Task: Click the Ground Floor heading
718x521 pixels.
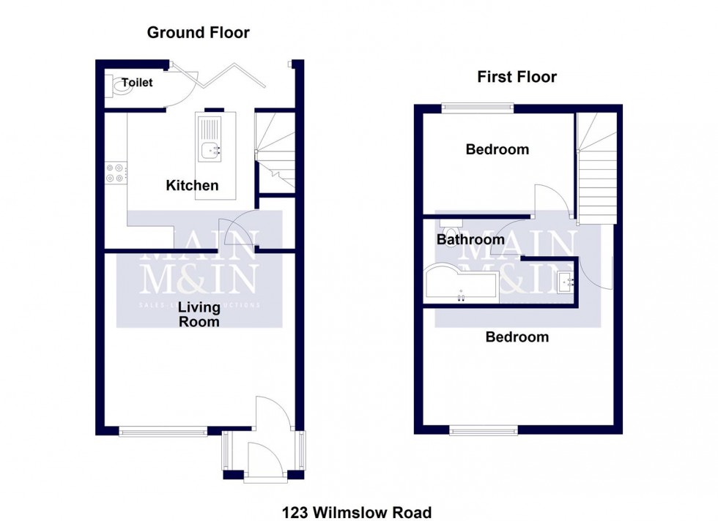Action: [198, 33]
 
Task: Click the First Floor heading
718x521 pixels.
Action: [517, 77]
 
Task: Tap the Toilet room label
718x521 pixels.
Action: [137, 83]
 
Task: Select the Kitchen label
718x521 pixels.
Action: [192, 186]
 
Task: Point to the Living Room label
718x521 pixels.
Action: [199, 315]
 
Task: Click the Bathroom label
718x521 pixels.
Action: [470, 239]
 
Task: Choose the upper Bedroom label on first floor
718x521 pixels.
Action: [497, 149]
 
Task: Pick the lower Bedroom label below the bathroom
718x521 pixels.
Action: [517, 337]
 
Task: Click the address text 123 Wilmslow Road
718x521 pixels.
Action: [357, 512]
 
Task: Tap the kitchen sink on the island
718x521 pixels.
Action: [210, 151]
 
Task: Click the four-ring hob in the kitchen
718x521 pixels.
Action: [115, 173]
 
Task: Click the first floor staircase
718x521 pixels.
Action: [596, 172]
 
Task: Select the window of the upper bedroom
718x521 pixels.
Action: [477, 108]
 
